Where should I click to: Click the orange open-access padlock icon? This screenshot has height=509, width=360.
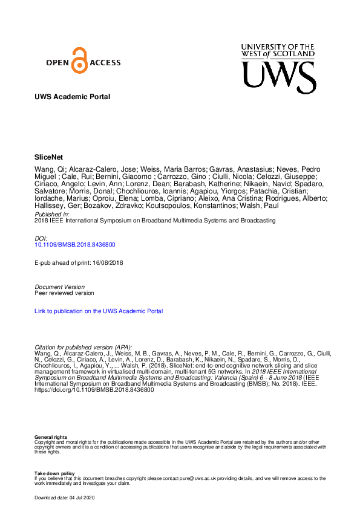pyautogui.click(x=78, y=60)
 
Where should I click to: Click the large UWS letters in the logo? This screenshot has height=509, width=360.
pyautogui.click(x=278, y=77)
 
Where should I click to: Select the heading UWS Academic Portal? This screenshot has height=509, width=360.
pyautogui.click(x=73, y=97)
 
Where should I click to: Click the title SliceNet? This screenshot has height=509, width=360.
pyautogui.click(x=49, y=156)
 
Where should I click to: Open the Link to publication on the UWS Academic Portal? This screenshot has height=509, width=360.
pyautogui.click(x=99, y=311)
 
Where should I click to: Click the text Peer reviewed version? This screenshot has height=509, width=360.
pyautogui.click(x=64, y=293)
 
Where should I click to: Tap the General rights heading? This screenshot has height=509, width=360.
pyautogui.click(x=51, y=436)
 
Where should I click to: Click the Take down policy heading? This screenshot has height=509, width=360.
pyautogui.click(x=54, y=473)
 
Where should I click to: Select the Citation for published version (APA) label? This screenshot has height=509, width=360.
pyautogui.click(x=83, y=347)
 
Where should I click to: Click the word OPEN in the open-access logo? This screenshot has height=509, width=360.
pyautogui.click(x=59, y=62)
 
